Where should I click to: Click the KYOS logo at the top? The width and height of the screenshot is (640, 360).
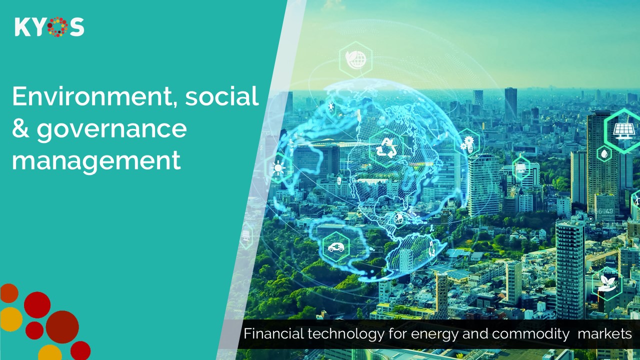point(49,27)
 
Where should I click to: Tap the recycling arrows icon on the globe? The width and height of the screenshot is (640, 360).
point(386,148)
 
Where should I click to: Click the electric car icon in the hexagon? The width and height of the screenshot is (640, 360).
point(336,247)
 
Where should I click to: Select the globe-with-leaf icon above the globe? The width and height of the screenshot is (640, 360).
point(355,59)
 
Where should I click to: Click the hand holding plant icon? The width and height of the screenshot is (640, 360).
point(607,283)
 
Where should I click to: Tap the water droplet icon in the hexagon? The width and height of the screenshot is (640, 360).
point(604,154)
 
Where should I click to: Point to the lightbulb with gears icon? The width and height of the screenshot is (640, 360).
point(467,143)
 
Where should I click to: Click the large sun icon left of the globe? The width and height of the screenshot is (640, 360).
point(278,167)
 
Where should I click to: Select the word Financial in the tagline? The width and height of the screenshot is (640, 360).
point(273,333)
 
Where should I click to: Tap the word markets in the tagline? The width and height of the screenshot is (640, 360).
point(604,333)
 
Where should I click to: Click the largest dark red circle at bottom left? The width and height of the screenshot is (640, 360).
point(62,327)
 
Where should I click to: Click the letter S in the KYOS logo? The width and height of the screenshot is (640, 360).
point(77,27)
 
